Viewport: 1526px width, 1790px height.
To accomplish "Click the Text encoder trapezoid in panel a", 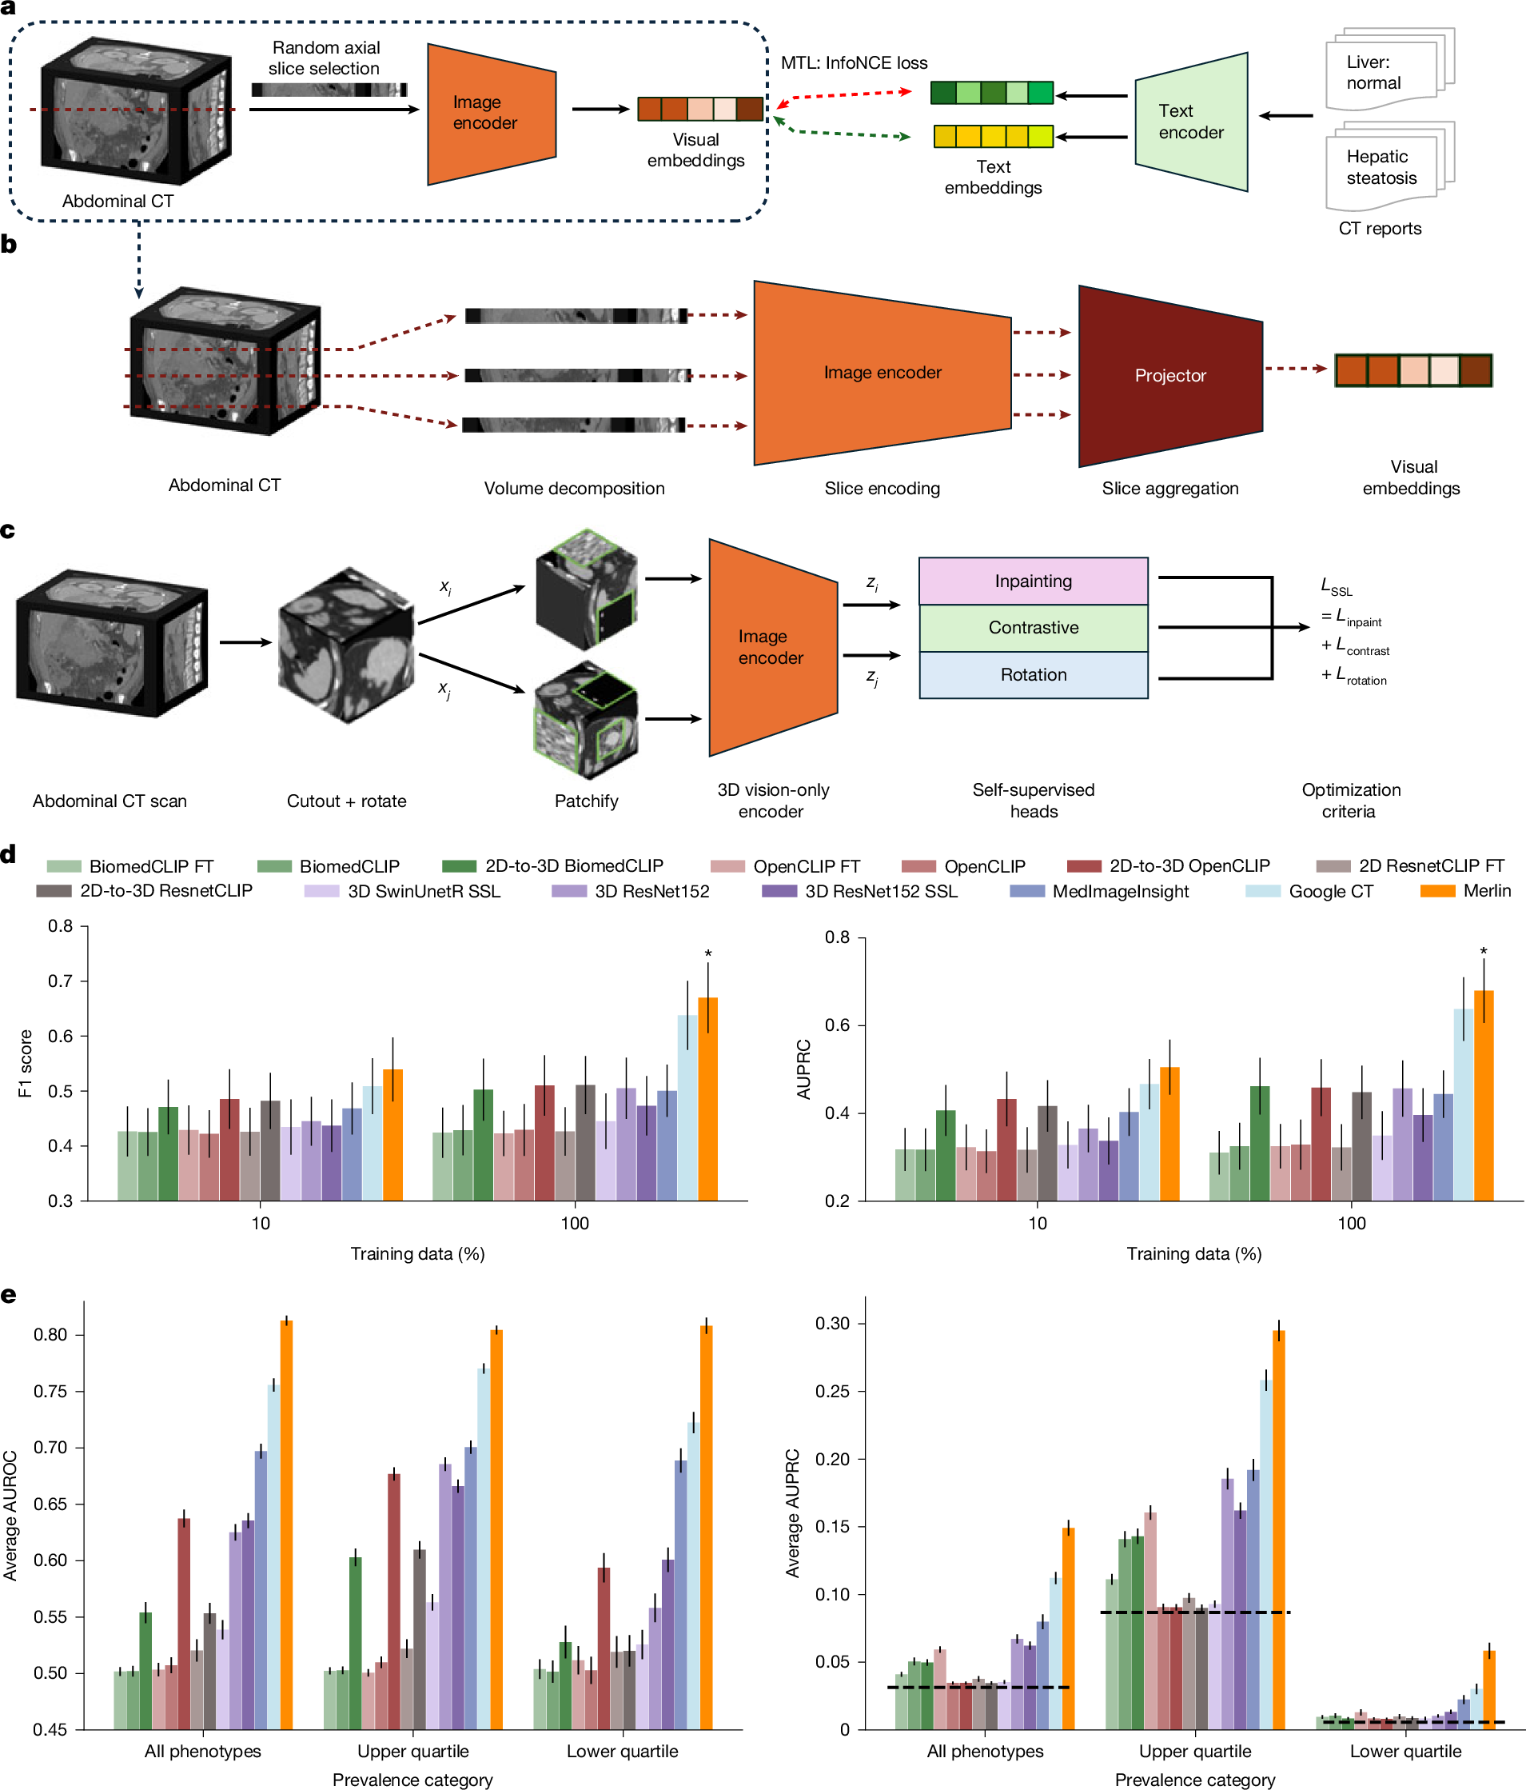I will click(x=1190, y=122).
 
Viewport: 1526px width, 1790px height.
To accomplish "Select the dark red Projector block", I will click(x=1169, y=376).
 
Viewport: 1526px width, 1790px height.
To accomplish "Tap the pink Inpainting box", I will click(x=1033, y=581).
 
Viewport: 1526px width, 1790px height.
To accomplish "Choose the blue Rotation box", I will click(x=1033, y=675).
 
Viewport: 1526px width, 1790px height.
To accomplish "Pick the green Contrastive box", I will click(x=1033, y=628).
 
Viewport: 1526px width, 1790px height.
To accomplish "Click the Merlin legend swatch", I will click(x=1437, y=891).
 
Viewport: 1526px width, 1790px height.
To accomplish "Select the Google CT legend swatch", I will click(x=1261, y=891).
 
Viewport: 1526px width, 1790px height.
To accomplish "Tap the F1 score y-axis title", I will click(x=25, y=1064).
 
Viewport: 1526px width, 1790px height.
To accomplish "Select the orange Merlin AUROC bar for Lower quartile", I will click(x=706, y=1529).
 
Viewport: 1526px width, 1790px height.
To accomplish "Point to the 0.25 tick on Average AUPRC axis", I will click(x=832, y=1392).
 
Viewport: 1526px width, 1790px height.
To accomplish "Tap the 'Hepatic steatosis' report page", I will click(x=1382, y=169).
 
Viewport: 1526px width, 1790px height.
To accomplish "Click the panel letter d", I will click(x=9, y=855).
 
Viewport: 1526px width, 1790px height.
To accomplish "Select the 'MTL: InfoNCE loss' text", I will click(x=853, y=63).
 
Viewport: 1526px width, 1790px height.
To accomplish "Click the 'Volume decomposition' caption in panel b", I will click(x=574, y=488).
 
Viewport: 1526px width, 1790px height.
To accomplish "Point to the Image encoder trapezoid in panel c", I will click(x=771, y=648).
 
